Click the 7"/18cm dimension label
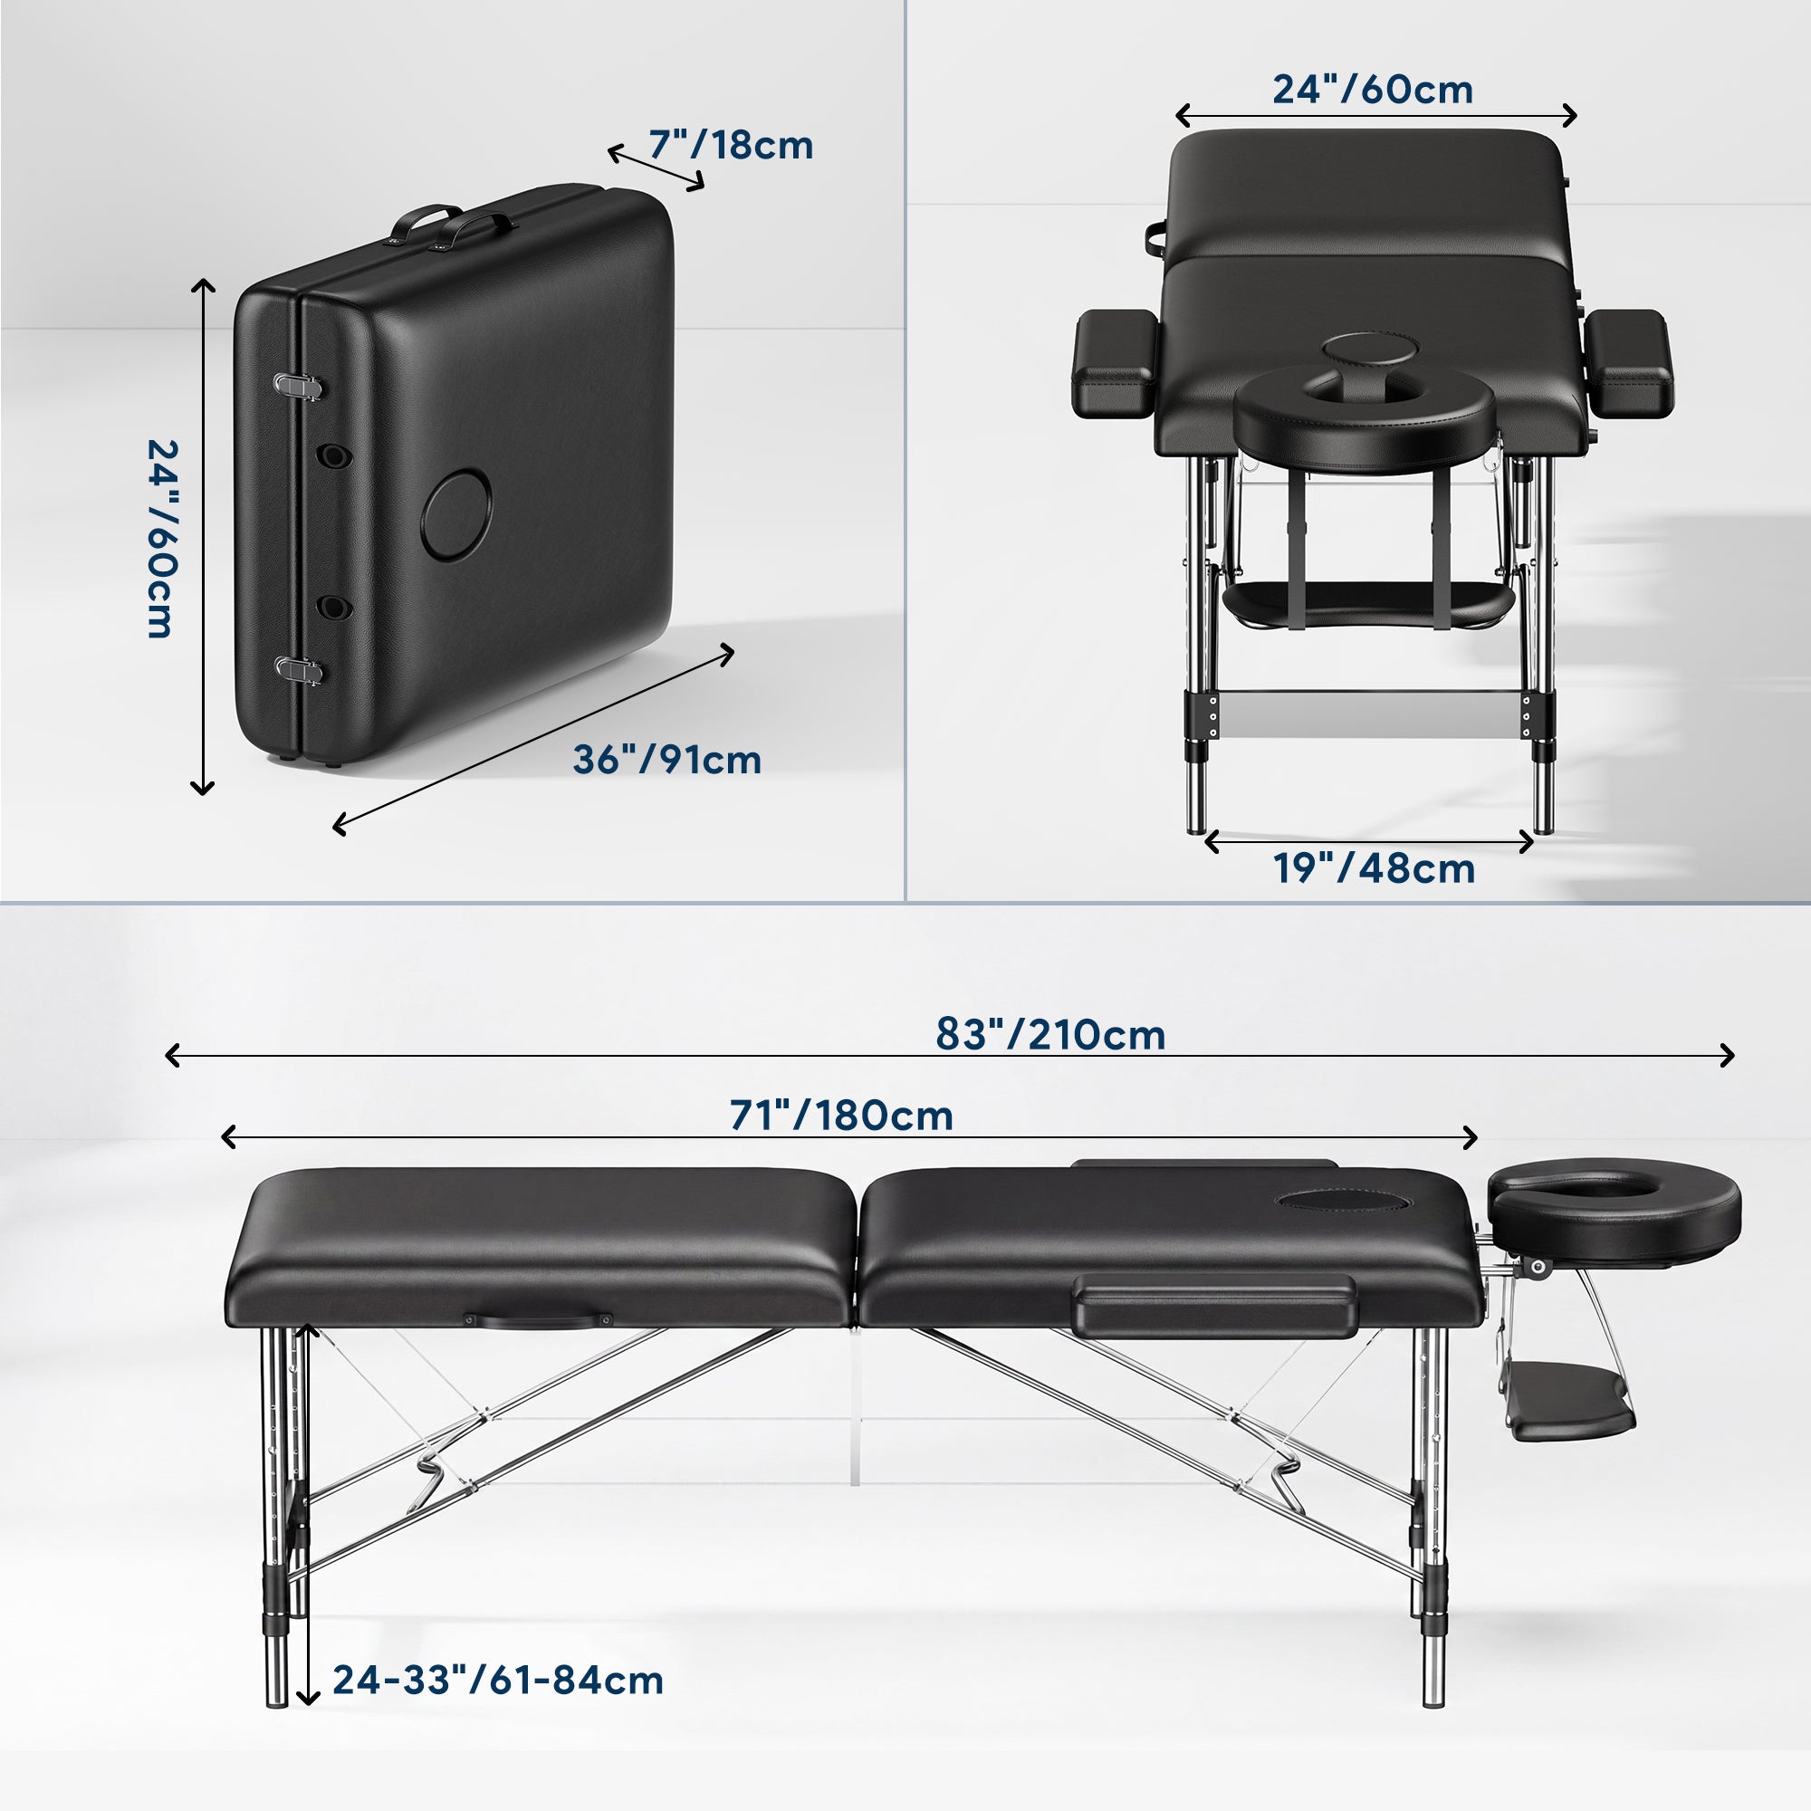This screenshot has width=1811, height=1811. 730,145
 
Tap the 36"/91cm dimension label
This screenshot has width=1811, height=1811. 667,760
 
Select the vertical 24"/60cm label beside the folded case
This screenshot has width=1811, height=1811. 162,539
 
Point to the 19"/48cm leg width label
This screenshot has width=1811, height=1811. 1375,868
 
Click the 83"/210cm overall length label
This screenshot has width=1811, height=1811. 1050,1034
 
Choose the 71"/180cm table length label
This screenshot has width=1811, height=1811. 842,1116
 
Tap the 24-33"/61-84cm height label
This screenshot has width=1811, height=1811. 499,1680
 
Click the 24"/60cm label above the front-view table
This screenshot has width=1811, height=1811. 1374,89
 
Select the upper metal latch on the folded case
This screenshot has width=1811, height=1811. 298,385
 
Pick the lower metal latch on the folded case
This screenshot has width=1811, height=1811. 298,669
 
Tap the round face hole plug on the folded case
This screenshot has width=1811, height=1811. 456,513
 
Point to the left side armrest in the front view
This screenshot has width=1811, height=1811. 1114,364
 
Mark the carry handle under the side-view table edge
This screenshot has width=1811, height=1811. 539,1321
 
